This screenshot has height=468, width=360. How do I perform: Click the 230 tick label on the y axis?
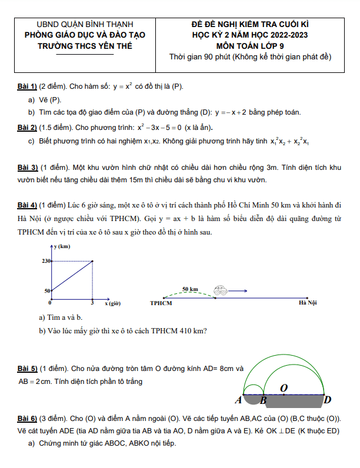click(x=46, y=261)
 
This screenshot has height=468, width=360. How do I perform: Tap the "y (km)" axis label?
click(x=64, y=247)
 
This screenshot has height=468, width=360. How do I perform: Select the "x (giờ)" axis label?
click(x=113, y=303)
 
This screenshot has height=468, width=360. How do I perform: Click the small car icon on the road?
click(x=221, y=290)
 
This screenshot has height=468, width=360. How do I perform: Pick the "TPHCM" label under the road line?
click(x=161, y=303)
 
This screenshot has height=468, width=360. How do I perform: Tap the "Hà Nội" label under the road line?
click(x=308, y=303)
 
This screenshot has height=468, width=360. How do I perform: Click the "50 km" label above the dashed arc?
click(x=190, y=289)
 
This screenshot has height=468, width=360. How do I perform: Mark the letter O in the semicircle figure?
click(x=284, y=388)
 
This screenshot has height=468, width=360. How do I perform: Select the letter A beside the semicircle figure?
click(x=238, y=400)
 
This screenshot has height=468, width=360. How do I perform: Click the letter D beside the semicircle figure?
click(x=328, y=400)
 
